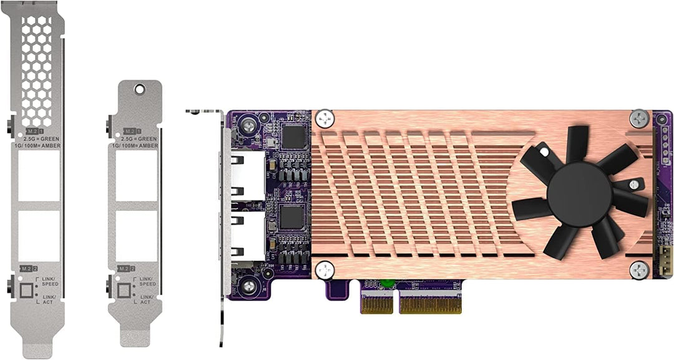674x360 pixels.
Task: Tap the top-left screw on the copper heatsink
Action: click(324, 117)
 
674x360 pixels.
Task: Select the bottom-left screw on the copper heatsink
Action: click(324, 270)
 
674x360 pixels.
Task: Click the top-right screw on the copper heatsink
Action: click(639, 118)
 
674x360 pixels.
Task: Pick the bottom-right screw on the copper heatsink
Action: click(639, 270)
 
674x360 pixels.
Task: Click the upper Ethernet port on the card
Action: click(247, 177)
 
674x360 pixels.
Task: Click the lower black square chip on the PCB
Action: click(292, 217)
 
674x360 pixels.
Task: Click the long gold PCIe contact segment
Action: click(430, 304)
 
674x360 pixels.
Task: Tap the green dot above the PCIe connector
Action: click(387, 283)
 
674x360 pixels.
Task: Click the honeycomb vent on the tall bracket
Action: click(37, 69)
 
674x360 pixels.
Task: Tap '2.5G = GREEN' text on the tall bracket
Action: click(39, 139)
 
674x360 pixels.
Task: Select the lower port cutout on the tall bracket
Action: click(39, 236)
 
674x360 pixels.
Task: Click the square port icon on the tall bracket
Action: click(27, 290)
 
